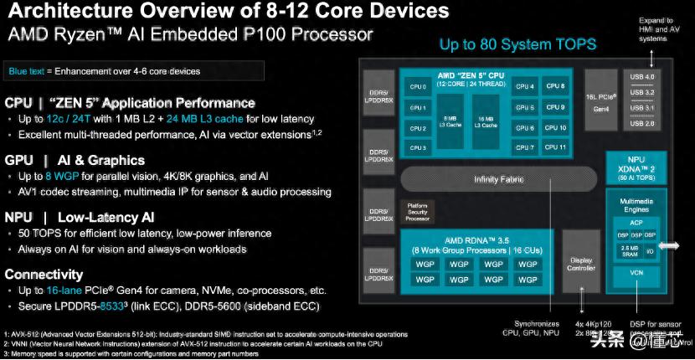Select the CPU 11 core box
(556, 147)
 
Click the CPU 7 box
(525, 147)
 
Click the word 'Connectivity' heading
(44, 275)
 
